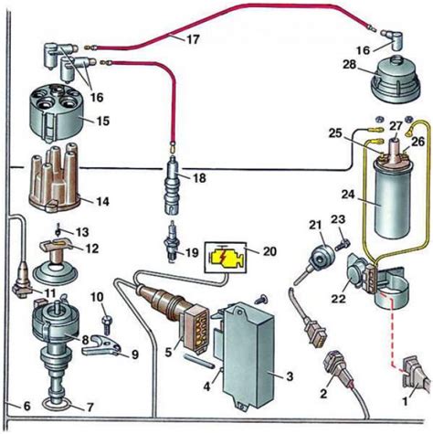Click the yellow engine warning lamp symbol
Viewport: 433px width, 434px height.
pos(226,258)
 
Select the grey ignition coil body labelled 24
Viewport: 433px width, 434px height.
pos(393,199)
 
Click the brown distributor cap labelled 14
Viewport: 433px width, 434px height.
pos(55,177)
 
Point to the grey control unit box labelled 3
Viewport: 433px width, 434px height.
pos(249,355)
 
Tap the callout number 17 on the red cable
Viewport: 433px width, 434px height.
pos(193,39)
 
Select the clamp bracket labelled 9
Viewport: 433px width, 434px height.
pos(101,346)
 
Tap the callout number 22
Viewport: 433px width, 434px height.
pos(339,297)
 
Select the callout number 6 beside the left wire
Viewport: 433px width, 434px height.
pos(26,406)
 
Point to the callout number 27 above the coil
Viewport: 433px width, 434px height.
pos(396,126)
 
